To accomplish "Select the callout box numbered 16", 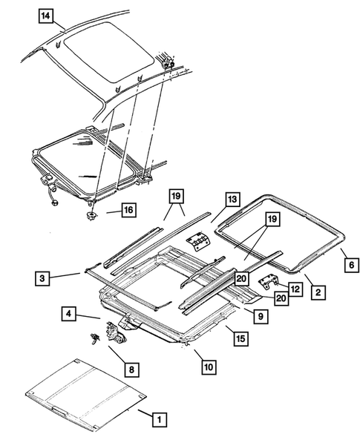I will click(128, 211).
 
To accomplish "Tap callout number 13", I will click(232, 200).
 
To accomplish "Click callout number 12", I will click(295, 289).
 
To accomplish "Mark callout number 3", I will click(43, 278).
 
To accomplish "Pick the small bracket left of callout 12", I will click(268, 283).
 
